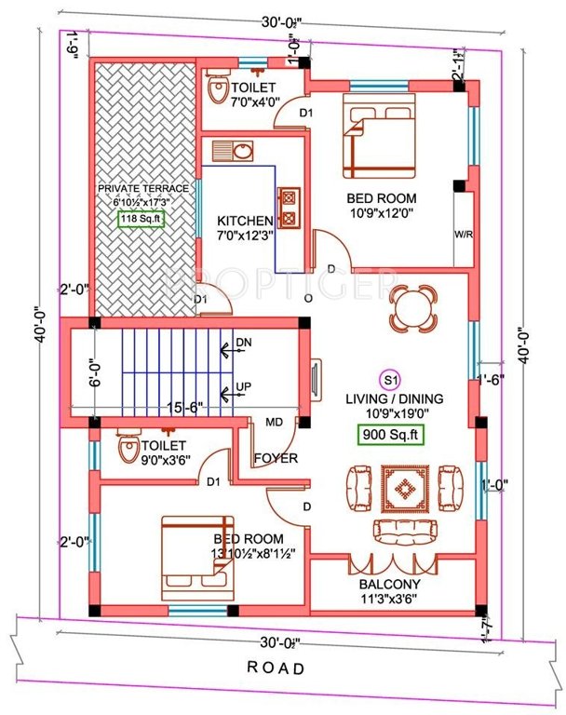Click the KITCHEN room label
coord(245,221)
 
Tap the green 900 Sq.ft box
coord(391,434)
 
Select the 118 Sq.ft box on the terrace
coord(141,220)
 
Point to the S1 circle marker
coord(390,380)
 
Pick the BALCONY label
coord(390,585)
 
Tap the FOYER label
coord(276,458)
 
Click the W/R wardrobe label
coord(463,235)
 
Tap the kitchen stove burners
coord(290,208)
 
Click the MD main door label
coord(276,423)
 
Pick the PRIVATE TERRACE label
coord(143,188)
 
